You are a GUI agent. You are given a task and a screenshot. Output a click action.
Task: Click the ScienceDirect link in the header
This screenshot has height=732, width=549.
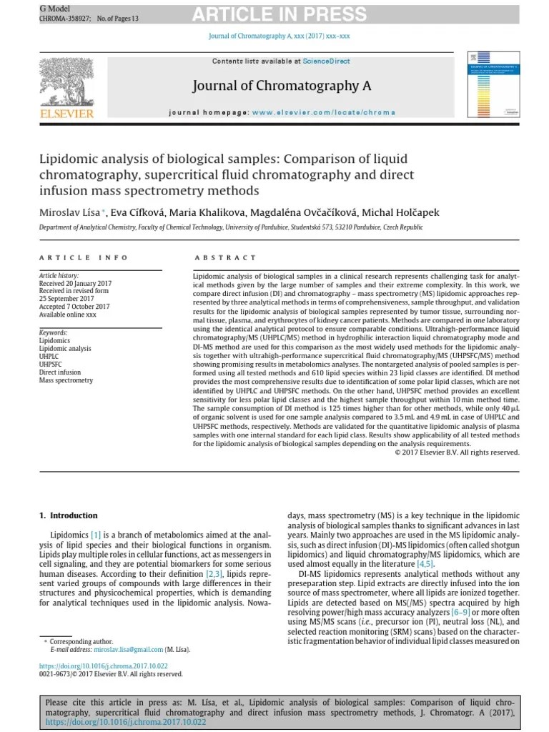326,61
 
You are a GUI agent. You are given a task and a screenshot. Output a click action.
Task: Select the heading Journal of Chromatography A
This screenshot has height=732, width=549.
282,86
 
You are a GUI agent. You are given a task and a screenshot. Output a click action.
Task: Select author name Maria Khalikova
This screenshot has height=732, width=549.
208,212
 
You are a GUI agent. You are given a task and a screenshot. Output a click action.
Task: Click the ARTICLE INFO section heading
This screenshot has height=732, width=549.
84,258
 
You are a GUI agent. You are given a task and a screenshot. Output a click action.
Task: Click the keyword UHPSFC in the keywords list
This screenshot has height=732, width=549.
50,364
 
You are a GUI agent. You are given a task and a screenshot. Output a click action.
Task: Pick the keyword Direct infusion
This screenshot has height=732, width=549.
60,372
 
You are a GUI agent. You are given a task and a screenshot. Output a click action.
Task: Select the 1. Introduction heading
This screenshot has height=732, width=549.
68,515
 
